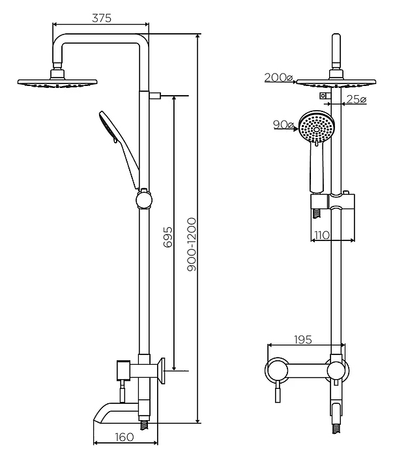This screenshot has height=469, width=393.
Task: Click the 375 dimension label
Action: click(x=101, y=18)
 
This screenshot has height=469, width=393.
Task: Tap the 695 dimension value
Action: click(x=168, y=237)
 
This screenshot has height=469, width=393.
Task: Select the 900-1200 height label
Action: click(x=192, y=244)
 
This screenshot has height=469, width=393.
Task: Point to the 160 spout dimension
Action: click(x=124, y=437)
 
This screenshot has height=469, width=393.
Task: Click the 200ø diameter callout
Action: click(x=278, y=78)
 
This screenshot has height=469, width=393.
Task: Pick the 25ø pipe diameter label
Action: click(x=356, y=99)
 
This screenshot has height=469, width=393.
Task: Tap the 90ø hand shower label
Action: click(x=283, y=124)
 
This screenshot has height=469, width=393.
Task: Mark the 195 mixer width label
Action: click(x=303, y=340)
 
